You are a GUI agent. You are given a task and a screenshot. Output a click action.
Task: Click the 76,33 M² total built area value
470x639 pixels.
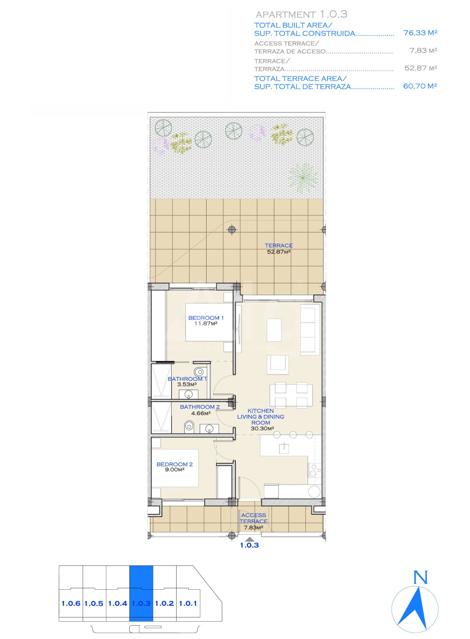[420, 33]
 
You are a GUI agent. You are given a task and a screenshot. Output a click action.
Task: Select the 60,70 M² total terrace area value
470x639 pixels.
[420, 86]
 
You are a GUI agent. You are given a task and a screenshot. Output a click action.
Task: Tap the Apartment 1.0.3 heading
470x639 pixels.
[301, 14]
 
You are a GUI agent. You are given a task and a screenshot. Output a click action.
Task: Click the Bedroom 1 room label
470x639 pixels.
[206, 318]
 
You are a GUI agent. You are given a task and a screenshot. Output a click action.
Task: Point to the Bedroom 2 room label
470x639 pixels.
[174, 464]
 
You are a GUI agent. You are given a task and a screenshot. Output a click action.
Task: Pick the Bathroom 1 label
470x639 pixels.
[187, 379]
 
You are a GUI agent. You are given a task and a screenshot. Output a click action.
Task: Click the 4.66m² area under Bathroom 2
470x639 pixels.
[201, 413]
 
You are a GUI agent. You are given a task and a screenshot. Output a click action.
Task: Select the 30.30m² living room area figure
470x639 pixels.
[262, 429]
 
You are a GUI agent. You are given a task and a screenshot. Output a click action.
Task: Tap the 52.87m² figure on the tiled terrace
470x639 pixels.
[279, 252]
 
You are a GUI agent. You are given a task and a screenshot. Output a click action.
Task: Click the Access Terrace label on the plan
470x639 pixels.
[253, 518]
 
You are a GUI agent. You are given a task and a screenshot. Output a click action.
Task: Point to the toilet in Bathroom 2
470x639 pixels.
[188, 426]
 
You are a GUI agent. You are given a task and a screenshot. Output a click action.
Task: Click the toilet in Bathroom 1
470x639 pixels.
[199, 372]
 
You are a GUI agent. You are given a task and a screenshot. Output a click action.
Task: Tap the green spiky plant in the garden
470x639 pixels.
[303, 177]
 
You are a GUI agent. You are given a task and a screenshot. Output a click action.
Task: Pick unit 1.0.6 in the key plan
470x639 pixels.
[71, 603]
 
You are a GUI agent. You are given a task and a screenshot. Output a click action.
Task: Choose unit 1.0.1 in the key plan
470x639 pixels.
[188, 603]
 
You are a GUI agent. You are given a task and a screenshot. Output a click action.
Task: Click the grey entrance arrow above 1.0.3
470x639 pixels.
[249, 539]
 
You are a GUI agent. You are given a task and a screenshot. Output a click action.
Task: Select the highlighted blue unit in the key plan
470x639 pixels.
[141, 593]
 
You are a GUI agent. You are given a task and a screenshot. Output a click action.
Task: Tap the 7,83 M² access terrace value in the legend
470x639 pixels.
[423, 51]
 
